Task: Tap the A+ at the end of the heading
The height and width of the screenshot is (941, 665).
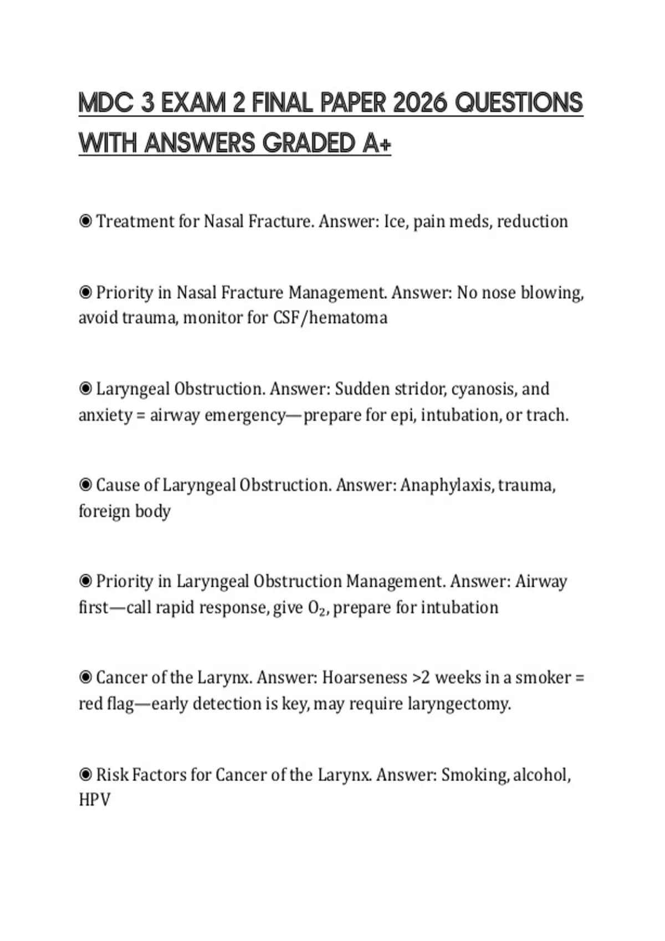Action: pos(377,144)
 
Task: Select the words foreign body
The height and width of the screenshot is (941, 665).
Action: pos(124,511)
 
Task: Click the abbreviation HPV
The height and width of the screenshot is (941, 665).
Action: pos(95,800)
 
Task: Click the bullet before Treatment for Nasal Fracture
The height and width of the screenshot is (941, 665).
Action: pos(85,221)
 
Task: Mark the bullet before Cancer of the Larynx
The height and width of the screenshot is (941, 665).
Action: pos(85,678)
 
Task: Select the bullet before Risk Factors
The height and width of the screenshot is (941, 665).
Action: pos(85,774)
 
